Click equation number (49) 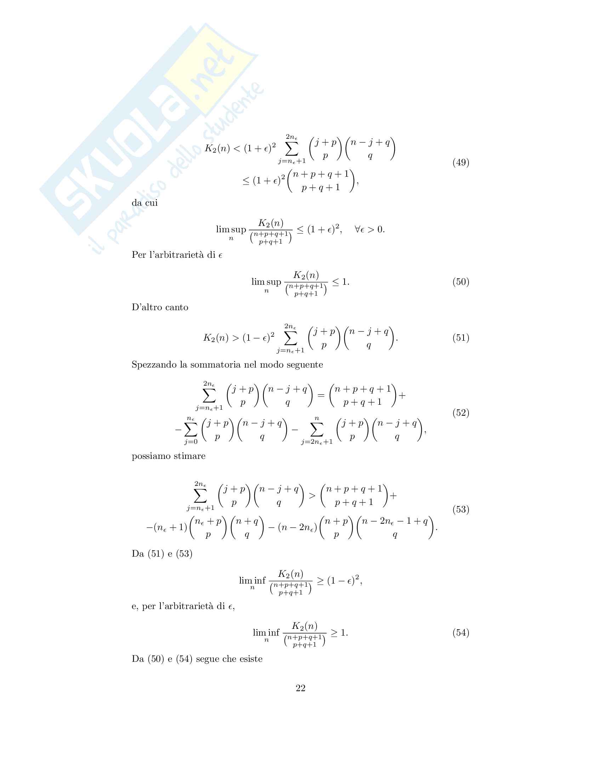(x=461, y=163)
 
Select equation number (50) (x=461, y=282)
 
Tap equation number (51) (x=461, y=337)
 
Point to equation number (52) (x=461, y=413)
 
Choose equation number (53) (x=461, y=509)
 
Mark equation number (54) (x=461, y=633)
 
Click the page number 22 (x=300, y=688)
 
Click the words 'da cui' (x=144, y=203)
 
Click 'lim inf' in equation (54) (x=266, y=633)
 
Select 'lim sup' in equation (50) (x=266, y=282)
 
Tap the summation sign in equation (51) (x=290, y=338)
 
